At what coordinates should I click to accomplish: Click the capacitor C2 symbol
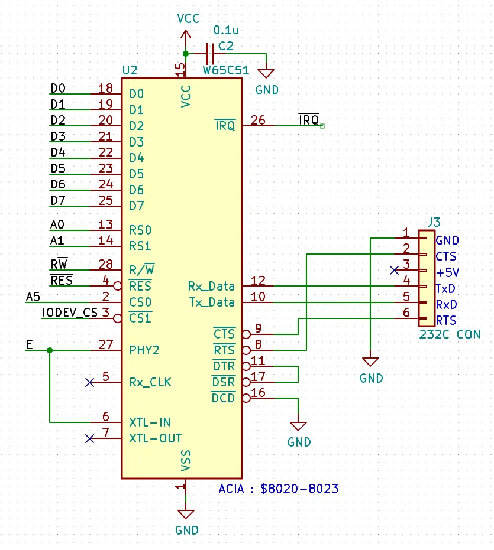pyautogui.click(x=210, y=54)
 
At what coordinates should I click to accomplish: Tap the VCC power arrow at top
pyautogui.click(x=186, y=35)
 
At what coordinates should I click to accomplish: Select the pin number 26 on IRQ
pyautogui.click(x=257, y=121)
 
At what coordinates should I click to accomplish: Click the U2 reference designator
pyautogui.click(x=130, y=70)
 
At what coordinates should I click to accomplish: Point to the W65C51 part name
pyautogui.click(x=226, y=70)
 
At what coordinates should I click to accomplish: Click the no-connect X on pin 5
pyautogui.click(x=89, y=382)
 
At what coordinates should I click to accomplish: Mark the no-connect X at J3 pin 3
pyautogui.click(x=394, y=270)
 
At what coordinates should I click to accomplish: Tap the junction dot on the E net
pyautogui.click(x=50, y=350)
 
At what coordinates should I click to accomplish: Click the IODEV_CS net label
pyautogui.click(x=70, y=312)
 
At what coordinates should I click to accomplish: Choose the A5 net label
pyautogui.click(x=33, y=297)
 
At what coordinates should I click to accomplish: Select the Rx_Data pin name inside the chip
pyautogui.click(x=211, y=286)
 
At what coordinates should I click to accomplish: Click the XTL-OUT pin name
pyautogui.click(x=155, y=438)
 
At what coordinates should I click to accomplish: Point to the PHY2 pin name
pyautogui.click(x=144, y=350)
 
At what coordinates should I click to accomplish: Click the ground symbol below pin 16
pyautogui.click(x=298, y=426)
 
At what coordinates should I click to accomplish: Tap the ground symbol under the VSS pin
pyautogui.click(x=186, y=514)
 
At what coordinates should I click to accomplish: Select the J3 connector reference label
pyautogui.click(x=434, y=222)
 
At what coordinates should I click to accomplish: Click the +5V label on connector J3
pyautogui.click(x=447, y=272)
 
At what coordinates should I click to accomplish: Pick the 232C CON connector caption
pyautogui.click(x=450, y=334)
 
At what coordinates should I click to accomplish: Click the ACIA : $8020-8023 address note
pyautogui.click(x=278, y=489)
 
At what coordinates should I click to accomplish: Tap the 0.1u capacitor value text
pyautogui.click(x=225, y=30)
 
